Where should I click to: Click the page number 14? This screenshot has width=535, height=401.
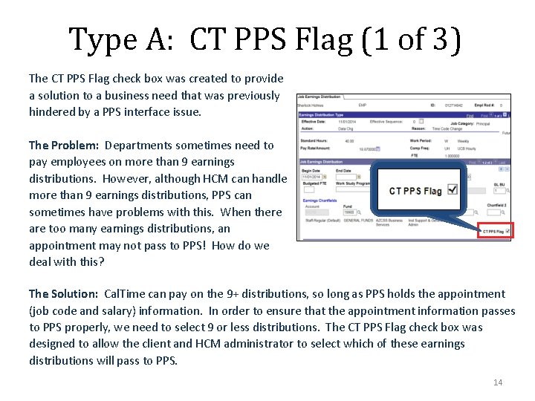498,382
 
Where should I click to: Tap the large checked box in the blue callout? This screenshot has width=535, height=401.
452,190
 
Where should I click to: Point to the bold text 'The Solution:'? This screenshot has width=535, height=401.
63,294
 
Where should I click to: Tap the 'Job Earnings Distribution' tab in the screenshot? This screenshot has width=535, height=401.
320,97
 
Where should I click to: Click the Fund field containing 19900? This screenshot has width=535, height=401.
349,212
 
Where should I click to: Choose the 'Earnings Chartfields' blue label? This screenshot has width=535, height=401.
320,200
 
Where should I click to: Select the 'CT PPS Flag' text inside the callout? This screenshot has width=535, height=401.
415,191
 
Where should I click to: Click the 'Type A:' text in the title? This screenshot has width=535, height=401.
123,39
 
